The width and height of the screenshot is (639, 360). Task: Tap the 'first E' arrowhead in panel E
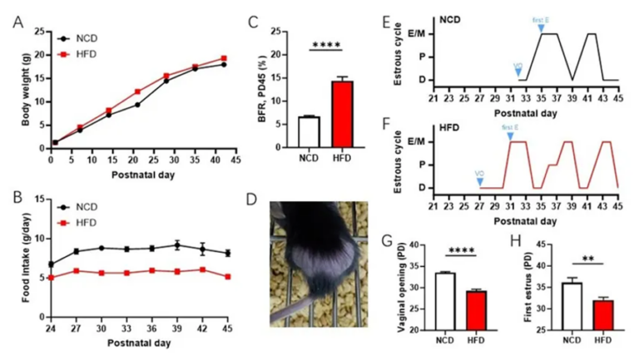[541, 28]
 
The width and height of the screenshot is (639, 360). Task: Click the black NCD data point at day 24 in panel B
[52, 264]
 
